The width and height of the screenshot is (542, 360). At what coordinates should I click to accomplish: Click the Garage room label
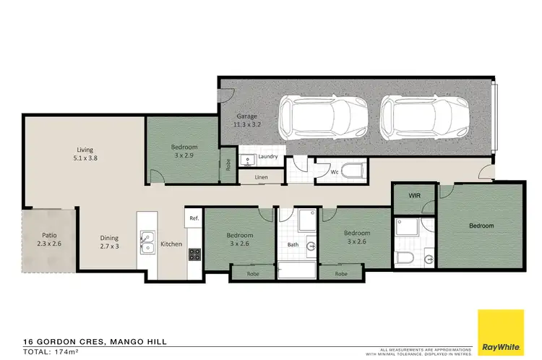[247, 119]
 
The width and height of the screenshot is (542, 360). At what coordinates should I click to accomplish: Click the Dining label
[110, 241]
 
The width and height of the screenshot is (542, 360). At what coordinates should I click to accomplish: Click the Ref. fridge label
[194, 218]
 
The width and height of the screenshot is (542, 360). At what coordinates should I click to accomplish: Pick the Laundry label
[268, 156]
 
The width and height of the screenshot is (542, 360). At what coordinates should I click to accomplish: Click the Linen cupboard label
[261, 177]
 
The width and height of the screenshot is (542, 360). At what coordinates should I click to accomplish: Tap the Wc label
[334, 173]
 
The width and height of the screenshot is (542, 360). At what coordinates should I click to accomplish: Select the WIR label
[414, 195]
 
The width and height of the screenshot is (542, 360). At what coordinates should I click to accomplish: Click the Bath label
[293, 244]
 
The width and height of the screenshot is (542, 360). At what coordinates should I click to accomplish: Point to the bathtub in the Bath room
[296, 272]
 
